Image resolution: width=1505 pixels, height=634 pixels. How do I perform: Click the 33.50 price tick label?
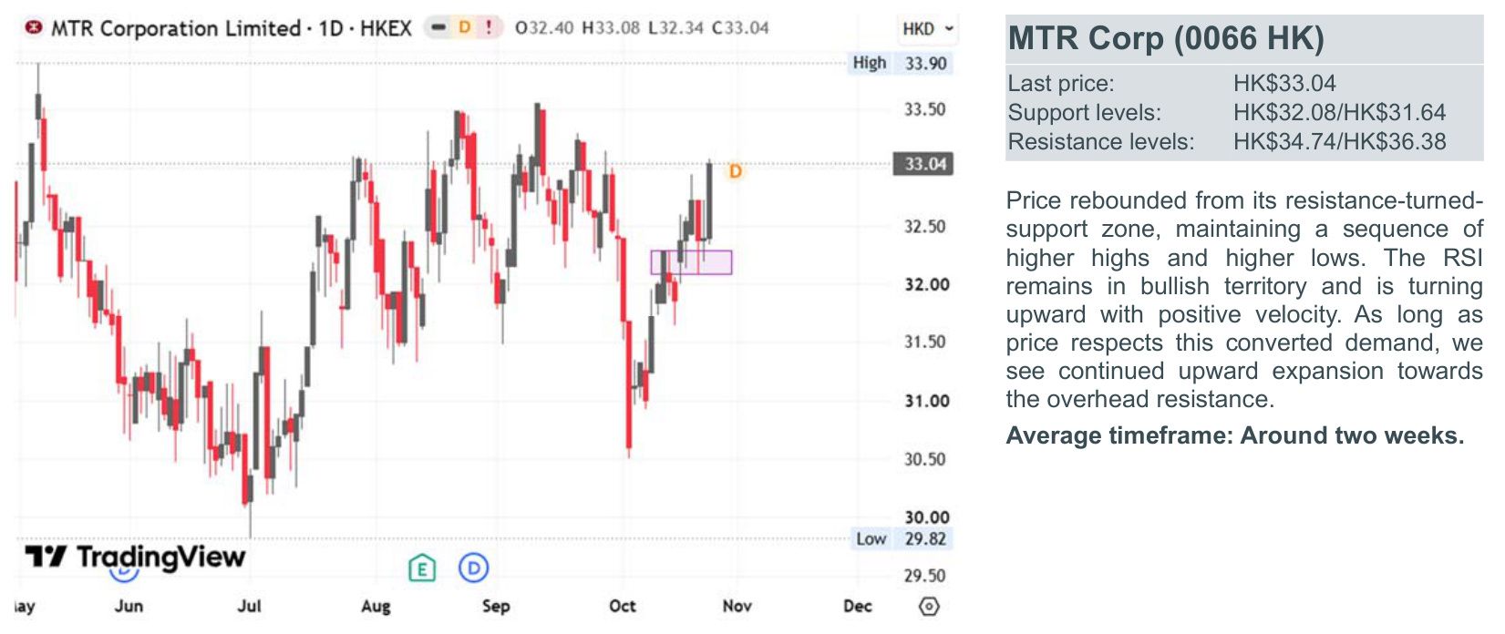pos(924,108)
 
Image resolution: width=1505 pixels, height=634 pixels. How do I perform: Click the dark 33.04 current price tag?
pos(923,164)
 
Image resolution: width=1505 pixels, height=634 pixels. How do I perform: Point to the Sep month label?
pos(496,606)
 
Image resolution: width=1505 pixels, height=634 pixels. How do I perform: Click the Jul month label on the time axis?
pos(249,606)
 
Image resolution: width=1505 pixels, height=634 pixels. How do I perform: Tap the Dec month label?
pos(857,606)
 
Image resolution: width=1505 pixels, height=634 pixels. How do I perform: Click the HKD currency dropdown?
pos(928,29)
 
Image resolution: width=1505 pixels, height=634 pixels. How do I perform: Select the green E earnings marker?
pos(422,568)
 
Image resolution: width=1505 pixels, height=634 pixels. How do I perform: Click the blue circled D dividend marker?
pos(474,568)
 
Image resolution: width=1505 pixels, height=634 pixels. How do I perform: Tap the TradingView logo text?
pos(160,557)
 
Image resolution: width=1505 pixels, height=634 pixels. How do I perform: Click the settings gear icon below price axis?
pos(929,607)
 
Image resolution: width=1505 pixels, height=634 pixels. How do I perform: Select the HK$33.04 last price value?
pos(1284,83)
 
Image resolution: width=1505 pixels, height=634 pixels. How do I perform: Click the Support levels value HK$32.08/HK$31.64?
pos(1339,112)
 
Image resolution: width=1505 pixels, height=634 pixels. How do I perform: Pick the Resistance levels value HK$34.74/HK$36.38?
pos(1339,142)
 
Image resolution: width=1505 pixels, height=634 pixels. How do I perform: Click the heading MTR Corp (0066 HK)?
pos(1166,37)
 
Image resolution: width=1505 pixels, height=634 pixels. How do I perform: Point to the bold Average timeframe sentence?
pos(1234,435)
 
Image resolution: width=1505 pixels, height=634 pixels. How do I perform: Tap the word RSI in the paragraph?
pos(1462,258)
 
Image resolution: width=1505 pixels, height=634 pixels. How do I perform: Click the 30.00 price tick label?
pos(926,517)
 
